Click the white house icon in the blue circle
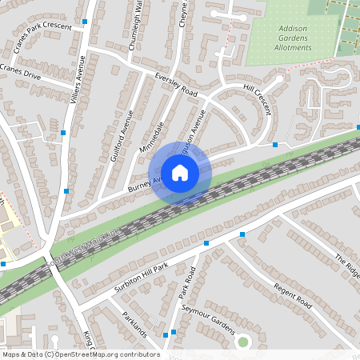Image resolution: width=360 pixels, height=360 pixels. click(x=180, y=172)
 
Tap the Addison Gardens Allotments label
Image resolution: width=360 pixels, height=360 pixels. click(x=293, y=38)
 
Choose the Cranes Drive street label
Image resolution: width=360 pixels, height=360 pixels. click(x=19, y=72)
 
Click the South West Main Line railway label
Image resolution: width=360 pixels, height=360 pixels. click(x=84, y=246)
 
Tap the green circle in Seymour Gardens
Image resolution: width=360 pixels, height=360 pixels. click(x=243, y=342)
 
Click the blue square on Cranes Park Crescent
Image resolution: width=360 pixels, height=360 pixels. click(x=85, y=22)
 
